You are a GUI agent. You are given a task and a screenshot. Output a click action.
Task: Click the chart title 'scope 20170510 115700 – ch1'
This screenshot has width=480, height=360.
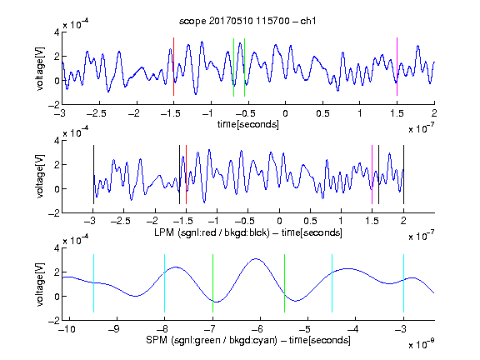[x=247, y=21]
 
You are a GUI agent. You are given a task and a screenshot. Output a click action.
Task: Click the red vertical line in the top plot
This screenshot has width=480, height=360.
[x=173, y=67]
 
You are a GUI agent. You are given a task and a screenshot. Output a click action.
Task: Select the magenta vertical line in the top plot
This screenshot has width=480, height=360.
[x=397, y=67]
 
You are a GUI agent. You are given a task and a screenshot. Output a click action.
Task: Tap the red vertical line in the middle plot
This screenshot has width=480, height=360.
[x=186, y=174]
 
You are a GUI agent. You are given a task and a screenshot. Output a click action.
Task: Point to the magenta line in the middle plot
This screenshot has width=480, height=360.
[x=372, y=174]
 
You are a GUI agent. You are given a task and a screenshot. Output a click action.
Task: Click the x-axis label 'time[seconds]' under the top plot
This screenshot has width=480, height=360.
[x=248, y=124]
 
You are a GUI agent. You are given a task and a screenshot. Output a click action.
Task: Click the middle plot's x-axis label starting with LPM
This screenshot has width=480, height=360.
[x=248, y=232]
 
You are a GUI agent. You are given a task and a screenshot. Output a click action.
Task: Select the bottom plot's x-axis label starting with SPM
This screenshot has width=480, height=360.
[x=248, y=340]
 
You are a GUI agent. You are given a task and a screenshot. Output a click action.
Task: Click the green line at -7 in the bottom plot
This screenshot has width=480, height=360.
[x=212, y=283]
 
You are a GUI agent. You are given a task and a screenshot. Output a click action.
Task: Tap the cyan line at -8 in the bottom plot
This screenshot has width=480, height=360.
[x=164, y=283]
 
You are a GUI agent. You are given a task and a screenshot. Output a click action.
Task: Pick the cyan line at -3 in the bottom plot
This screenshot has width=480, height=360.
[x=403, y=283]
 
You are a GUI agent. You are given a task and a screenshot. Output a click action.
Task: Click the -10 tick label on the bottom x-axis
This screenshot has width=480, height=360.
[x=67, y=329]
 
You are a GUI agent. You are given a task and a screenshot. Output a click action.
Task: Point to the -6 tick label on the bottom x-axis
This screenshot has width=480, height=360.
[x=257, y=329]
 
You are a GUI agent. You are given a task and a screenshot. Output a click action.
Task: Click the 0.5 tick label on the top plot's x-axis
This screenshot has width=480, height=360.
[x=322, y=113]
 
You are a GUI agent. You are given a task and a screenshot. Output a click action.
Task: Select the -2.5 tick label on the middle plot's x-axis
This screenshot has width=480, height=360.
[x=121, y=221]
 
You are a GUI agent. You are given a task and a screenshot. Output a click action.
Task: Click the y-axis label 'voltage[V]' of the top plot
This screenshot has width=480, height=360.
[x=40, y=68]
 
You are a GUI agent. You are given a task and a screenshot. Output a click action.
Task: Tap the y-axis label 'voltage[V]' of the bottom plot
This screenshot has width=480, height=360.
[x=40, y=284]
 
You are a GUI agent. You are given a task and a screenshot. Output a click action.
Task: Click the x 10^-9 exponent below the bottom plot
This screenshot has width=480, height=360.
[x=421, y=343]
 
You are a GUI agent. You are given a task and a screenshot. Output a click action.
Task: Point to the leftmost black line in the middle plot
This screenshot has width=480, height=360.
[x=93, y=174]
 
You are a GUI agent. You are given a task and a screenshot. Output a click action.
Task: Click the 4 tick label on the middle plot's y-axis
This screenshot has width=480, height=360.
[x=57, y=141]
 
